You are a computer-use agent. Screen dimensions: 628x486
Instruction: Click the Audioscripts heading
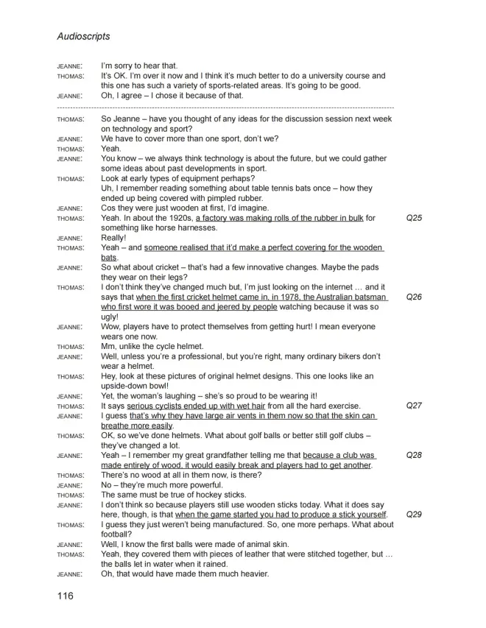tap(83, 35)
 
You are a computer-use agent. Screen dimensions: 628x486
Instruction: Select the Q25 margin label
tap(414, 218)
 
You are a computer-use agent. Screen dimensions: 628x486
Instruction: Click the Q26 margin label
tap(414, 297)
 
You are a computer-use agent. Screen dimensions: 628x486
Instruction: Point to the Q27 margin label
tap(414, 406)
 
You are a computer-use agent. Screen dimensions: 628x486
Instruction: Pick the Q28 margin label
tap(414, 455)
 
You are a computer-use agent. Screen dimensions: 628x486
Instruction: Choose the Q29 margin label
tap(414, 515)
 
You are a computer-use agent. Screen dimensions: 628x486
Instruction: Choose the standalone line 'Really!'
tap(116, 238)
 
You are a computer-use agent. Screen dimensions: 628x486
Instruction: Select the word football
tap(119, 534)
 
